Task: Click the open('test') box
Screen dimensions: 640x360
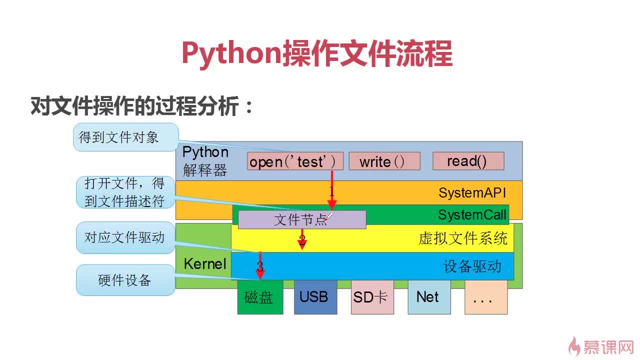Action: pos(295,161)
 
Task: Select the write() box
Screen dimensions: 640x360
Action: pos(384,161)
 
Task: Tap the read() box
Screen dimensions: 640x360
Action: pos(468,161)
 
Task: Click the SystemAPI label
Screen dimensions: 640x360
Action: pos(472,192)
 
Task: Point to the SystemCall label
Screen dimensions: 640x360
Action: pos(472,215)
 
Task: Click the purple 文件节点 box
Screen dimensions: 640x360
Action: pos(302,219)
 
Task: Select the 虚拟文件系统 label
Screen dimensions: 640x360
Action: pos(463,238)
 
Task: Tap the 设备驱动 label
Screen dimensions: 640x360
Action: pos(472,266)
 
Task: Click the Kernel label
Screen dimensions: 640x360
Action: pos(205,263)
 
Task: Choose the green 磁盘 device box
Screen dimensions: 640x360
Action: pos(260,297)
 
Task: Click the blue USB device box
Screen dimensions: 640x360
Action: pos(315,297)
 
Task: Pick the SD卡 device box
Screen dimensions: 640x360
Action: pos(372,297)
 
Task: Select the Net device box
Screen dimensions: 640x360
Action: pos(429,297)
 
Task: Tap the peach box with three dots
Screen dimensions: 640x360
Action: pos(486,297)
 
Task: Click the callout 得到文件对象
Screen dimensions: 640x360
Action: pos(126,137)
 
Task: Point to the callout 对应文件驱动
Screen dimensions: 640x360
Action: pos(125,237)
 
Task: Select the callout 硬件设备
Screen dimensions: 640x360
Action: pos(125,280)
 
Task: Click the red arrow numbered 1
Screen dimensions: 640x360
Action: pos(331,190)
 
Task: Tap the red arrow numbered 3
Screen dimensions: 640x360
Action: pos(260,265)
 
